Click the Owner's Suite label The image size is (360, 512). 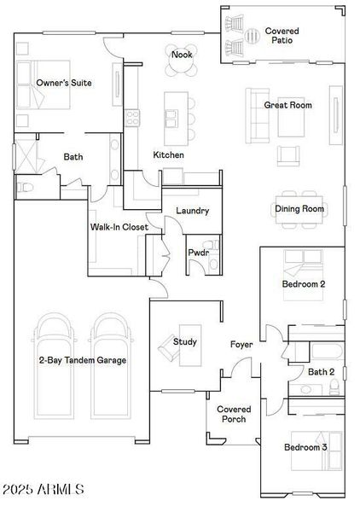click(64, 83)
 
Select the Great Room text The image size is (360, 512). click(287, 105)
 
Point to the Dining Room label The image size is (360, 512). click(299, 209)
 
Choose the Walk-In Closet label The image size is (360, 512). click(119, 227)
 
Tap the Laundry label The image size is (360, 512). click(193, 211)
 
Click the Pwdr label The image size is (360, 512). click(198, 253)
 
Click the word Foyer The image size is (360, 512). click(241, 345)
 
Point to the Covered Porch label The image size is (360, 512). click(233, 414)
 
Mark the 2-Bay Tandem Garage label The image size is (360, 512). click(82, 361)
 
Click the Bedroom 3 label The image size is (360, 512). click(305, 447)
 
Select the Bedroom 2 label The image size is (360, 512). click(303, 284)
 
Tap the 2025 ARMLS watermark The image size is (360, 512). click(44, 490)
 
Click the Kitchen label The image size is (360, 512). click(168, 155)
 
